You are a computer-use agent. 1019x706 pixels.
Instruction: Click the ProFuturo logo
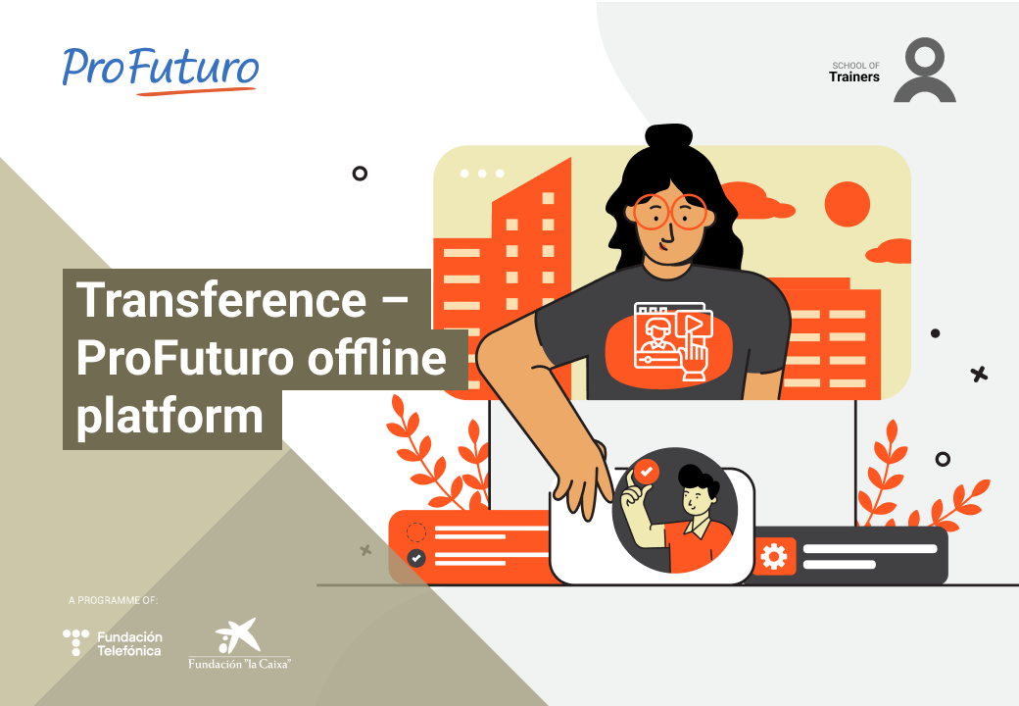[161, 71]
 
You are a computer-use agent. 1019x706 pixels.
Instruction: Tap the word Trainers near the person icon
[854, 76]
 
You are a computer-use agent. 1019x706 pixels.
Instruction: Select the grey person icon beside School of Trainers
[924, 70]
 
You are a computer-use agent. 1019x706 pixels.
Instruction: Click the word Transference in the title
[221, 300]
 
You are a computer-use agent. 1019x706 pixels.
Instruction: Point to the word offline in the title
[377, 358]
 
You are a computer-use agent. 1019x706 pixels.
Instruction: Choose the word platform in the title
[170, 416]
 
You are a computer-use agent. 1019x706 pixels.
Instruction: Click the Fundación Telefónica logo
[113, 643]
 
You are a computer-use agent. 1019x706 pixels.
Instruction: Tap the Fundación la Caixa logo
[239, 643]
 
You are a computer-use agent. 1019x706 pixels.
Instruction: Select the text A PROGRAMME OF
[113, 600]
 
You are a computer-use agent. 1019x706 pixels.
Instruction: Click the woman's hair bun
[668, 137]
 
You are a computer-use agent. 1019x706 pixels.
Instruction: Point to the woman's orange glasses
[670, 212]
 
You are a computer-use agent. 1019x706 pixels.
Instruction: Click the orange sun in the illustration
[847, 204]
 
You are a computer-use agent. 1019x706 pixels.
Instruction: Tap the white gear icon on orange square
[773, 557]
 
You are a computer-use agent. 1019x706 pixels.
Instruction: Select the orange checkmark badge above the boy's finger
[646, 472]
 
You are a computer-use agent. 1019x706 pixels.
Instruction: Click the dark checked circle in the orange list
[415, 558]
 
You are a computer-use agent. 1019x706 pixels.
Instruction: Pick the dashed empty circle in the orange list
[415, 531]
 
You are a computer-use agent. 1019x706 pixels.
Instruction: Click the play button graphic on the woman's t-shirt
[694, 324]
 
